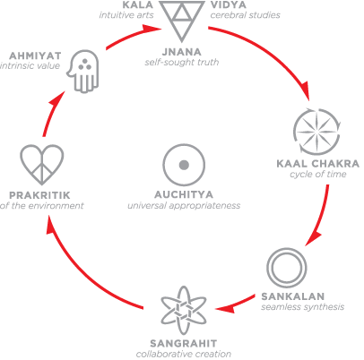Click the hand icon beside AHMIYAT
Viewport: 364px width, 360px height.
pos(83,72)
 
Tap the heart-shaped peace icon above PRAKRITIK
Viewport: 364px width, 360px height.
pos(42,164)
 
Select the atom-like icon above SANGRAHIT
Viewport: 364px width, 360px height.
pos(184,311)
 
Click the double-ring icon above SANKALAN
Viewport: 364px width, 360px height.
pos(287,268)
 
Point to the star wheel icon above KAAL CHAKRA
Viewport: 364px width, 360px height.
pos(316,132)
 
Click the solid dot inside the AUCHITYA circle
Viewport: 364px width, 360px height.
pos(184,165)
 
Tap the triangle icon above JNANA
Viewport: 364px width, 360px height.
pos(181,21)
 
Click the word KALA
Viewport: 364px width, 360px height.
pos(138,4)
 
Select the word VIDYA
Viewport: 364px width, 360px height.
pos(229,4)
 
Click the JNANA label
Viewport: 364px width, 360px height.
pos(182,52)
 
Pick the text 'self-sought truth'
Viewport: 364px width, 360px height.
pos(182,63)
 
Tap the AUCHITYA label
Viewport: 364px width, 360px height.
pos(184,194)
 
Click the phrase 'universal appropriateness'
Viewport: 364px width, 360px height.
pos(184,206)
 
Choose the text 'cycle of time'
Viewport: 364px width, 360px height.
pos(317,174)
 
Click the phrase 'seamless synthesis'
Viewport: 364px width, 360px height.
pos(302,307)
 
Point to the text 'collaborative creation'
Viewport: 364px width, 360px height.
pos(184,354)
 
